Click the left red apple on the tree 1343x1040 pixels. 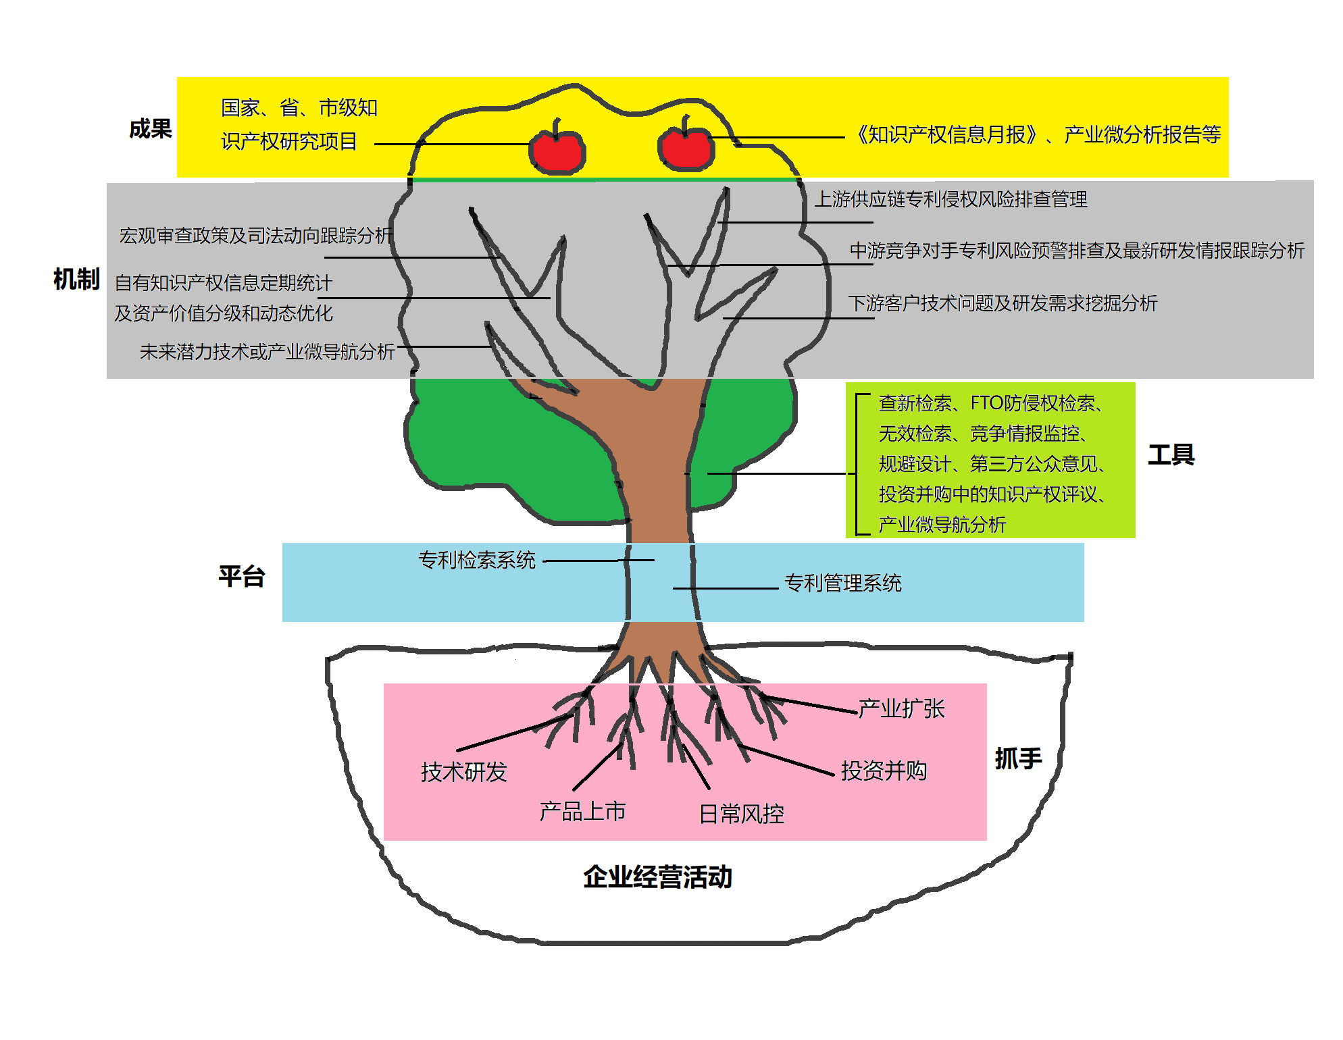click(x=557, y=152)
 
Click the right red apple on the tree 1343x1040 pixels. click(x=686, y=149)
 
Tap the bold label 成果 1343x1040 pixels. click(x=150, y=128)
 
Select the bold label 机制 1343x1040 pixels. click(x=76, y=279)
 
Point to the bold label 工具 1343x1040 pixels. click(x=1171, y=454)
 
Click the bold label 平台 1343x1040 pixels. click(x=241, y=577)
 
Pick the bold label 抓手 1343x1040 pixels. click(x=1018, y=758)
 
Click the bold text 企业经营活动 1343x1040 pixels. click(x=657, y=877)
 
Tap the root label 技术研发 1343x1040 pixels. click(x=463, y=772)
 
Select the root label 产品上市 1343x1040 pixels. click(x=582, y=811)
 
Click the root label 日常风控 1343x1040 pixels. click(x=741, y=814)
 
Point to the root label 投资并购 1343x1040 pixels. click(x=884, y=771)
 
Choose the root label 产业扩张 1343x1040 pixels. click(x=901, y=708)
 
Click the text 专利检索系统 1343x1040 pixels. click(x=477, y=560)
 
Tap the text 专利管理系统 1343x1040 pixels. click(x=842, y=583)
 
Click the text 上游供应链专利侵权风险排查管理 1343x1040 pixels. click(x=951, y=199)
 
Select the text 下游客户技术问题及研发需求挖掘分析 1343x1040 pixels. click(x=1003, y=303)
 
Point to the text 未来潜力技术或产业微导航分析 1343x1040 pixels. click(x=267, y=352)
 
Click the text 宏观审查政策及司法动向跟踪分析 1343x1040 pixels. click(x=255, y=236)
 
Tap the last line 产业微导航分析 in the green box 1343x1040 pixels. click(x=942, y=525)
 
